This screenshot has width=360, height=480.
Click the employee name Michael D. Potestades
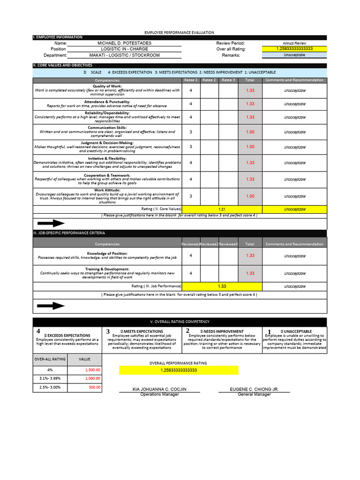click(x=124, y=43)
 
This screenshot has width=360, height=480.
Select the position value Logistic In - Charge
click(x=124, y=49)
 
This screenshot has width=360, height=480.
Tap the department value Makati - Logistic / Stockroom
click(x=124, y=55)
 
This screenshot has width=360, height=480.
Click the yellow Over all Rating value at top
click(x=294, y=49)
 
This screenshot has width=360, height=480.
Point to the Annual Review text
click(x=294, y=43)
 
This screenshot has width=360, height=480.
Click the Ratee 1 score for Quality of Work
click(x=191, y=90)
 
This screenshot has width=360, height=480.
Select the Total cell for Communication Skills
click(x=250, y=132)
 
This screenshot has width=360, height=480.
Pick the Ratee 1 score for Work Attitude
click(x=191, y=196)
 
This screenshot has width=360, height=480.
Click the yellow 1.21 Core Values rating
click(x=222, y=209)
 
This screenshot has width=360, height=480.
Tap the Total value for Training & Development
click(x=250, y=273)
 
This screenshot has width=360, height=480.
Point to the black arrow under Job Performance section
click(x=51, y=306)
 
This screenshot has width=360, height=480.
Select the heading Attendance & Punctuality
click(x=107, y=102)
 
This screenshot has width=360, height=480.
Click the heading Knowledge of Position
click(x=107, y=253)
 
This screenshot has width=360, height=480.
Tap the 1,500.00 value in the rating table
click(x=93, y=370)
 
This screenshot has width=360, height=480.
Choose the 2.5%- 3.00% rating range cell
click(x=50, y=387)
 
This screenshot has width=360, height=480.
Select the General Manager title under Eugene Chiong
click(x=254, y=395)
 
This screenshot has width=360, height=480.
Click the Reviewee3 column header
click(x=228, y=244)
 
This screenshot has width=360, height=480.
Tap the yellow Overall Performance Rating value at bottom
click(x=179, y=370)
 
